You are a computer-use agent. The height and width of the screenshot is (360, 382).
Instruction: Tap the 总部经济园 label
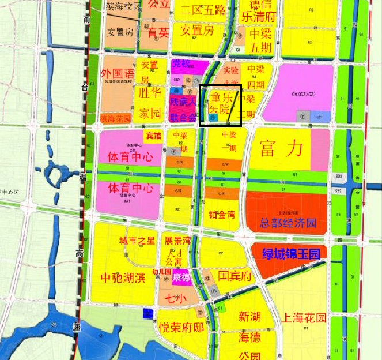(x=288, y=223)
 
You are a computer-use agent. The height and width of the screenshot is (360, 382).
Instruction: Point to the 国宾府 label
(x=235, y=276)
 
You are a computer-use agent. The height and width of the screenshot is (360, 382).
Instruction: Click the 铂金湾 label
(x=222, y=215)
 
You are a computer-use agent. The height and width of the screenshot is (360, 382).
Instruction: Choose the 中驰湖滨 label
(x=123, y=278)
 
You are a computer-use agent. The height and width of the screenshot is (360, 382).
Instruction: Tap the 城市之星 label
(x=137, y=241)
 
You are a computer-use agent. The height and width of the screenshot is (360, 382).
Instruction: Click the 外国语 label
(x=117, y=73)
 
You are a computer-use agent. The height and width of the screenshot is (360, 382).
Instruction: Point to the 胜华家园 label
(x=149, y=102)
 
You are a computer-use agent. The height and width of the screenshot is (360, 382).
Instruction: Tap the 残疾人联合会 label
(x=183, y=109)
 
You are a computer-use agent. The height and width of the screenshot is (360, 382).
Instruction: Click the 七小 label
(x=173, y=299)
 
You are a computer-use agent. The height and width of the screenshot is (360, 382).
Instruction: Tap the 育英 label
(x=158, y=33)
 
